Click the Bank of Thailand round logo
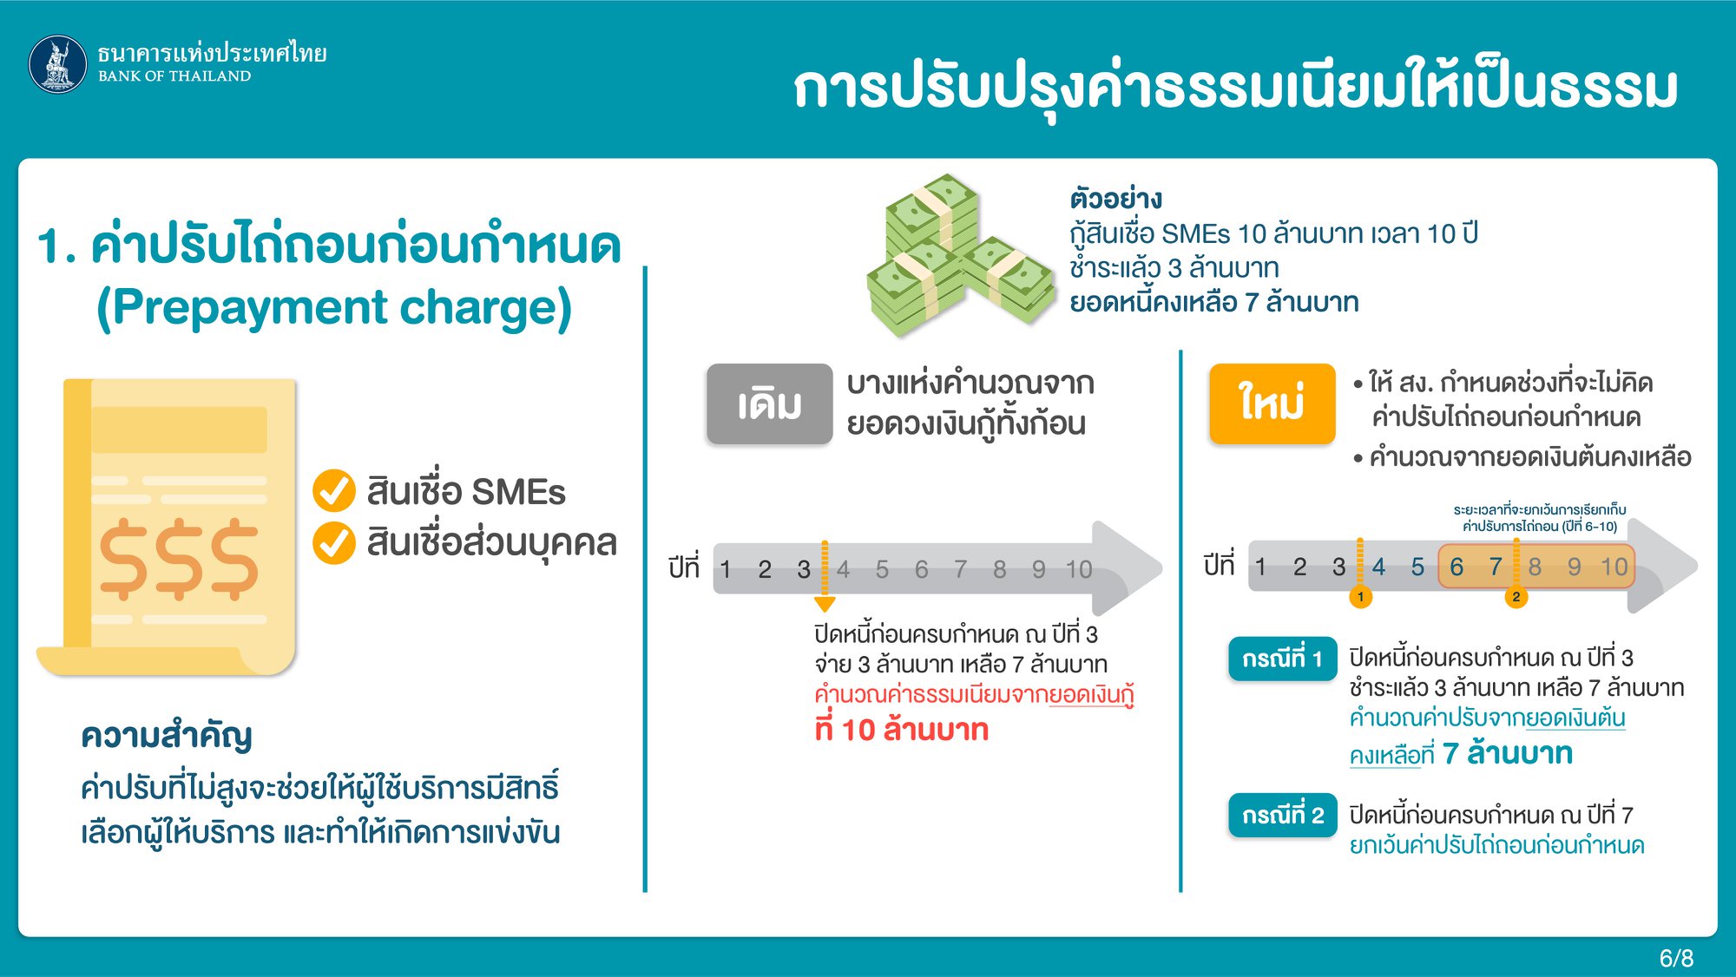58,64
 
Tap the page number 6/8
1676,958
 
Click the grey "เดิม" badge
769,404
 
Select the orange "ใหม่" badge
1272,404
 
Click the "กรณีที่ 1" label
1282,659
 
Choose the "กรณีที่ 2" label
1282,816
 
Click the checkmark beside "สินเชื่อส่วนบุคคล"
334,543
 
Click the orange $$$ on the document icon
179,559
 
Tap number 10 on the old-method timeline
1079,569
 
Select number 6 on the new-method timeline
1457,567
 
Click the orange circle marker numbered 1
1361,597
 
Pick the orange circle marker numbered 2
1516,597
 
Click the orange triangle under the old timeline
825,604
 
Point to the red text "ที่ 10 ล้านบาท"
902,729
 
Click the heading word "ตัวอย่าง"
1116,199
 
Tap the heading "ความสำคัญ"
167,736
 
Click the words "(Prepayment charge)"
334,307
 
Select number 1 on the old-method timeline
726,569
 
